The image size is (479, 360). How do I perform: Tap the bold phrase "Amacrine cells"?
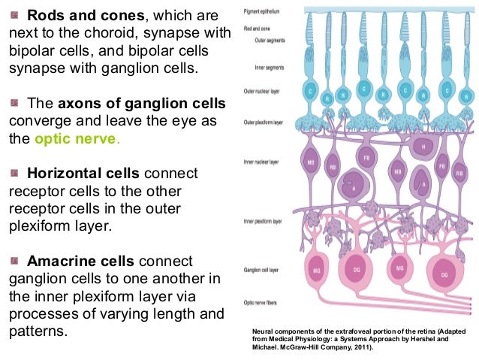tap(80, 261)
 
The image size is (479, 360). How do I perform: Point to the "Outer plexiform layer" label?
tap(264, 123)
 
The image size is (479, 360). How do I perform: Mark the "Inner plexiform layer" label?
tap(264, 222)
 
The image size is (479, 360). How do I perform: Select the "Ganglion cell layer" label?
tap(263, 268)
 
